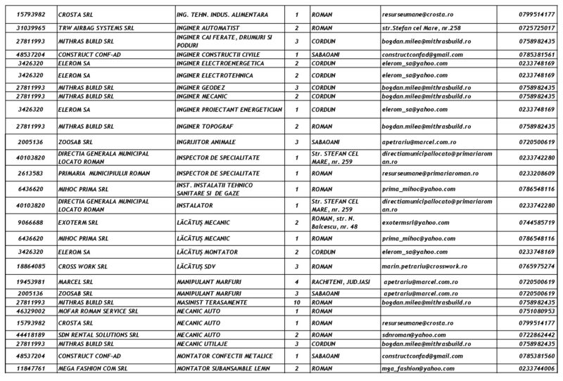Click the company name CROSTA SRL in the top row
[x=77, y=14]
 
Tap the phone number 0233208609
[x=538, y=173]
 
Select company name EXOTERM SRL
[x=79, y=222]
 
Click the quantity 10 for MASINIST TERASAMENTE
[x=296, y=301]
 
